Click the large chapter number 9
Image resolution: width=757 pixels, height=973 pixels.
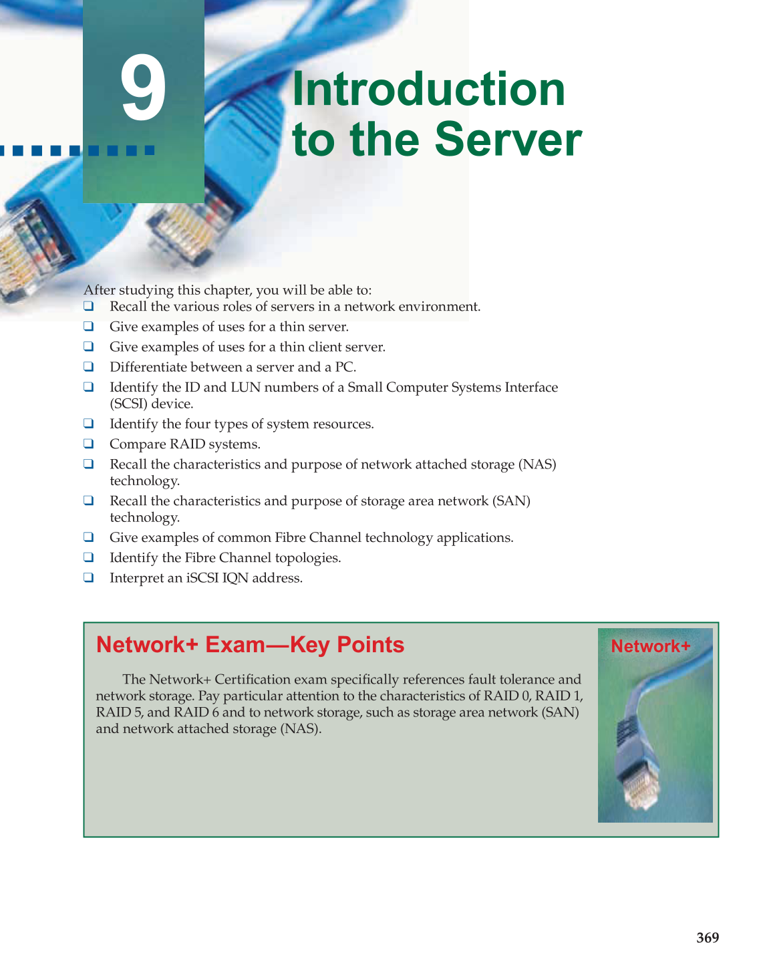143,89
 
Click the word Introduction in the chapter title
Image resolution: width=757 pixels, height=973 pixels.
428,89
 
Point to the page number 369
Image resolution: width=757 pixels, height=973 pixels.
707,938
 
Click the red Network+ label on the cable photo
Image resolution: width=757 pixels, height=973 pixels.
650,646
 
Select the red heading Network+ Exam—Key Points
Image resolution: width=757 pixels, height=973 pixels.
250,645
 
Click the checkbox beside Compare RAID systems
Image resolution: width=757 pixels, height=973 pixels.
88,444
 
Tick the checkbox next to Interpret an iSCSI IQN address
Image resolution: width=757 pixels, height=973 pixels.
88,577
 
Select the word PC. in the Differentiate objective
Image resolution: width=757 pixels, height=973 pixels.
345,368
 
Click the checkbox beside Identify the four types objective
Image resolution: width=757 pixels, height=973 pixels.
88,424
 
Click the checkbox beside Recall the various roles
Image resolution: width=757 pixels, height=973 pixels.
88,307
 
